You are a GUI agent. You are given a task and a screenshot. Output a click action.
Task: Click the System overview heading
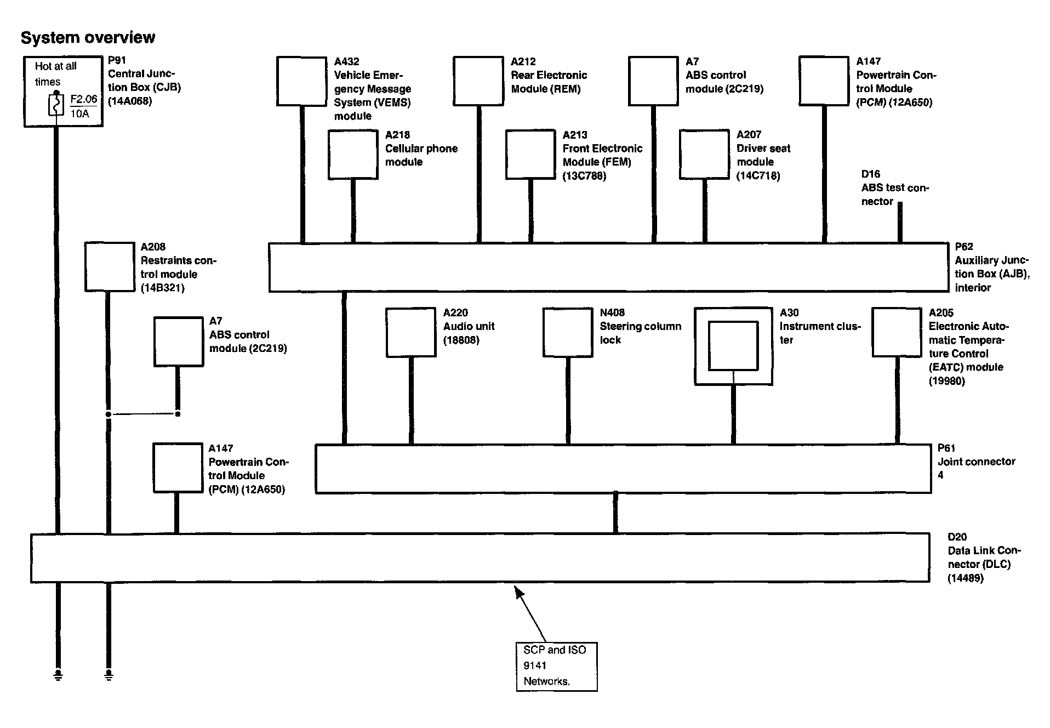(x=88, y=37)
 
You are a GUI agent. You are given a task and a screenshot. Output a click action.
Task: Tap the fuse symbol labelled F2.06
(x=56, y=105)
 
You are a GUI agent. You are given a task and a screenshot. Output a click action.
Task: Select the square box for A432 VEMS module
(x=301, y=81)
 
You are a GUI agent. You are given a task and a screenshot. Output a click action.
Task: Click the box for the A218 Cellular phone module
(x=353, y=155)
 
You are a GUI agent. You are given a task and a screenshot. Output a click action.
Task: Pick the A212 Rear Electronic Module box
(x=478, y=81)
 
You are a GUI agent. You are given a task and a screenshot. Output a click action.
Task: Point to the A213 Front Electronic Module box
(x=530, y=155)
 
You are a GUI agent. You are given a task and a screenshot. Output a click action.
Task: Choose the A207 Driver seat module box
(x=704, y=154)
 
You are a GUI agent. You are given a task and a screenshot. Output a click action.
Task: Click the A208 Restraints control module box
(x=110, y=267)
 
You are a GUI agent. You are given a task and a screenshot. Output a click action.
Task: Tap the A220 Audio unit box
(x=410, y=333)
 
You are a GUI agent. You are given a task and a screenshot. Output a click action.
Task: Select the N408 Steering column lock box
(x=568, y=333)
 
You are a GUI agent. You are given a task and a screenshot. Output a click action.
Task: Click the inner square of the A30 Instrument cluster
(x=733, y=346)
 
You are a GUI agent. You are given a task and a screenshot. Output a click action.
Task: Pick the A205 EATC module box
(x=897, y=333)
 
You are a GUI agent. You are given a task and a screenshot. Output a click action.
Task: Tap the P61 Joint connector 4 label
(x=975, y=462)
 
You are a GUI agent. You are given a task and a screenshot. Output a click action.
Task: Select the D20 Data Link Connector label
(x=983, y=557)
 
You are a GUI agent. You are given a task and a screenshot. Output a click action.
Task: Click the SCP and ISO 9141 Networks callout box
(x=556, y=666)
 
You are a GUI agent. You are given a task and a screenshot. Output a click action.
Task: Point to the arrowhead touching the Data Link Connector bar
(x=517, y=591)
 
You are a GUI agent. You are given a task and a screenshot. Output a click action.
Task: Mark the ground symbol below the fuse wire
(x=58, y=674)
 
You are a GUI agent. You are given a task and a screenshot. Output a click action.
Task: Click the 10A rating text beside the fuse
(x=80, y=114)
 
